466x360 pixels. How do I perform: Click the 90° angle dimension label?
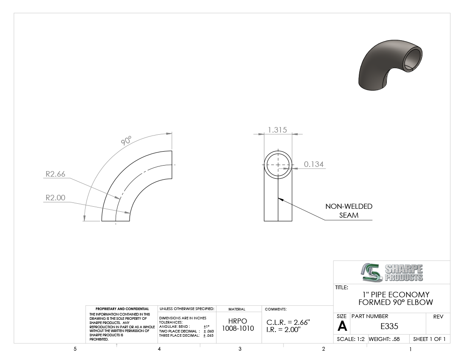tap(126, 140)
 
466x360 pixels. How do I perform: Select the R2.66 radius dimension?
tap(55, 174)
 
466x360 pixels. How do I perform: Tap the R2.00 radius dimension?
tap(55, 198)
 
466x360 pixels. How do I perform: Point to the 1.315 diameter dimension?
tap(277, 130)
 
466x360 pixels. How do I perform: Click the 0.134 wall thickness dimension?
tap(314, 164)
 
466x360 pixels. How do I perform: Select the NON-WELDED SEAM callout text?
tap(349, 210)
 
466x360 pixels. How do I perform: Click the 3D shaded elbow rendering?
tap(391, 65)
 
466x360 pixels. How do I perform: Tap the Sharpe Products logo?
tap(392, 272)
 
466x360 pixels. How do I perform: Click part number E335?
tap(389, 327)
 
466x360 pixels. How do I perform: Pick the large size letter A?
tap(342, 327)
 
